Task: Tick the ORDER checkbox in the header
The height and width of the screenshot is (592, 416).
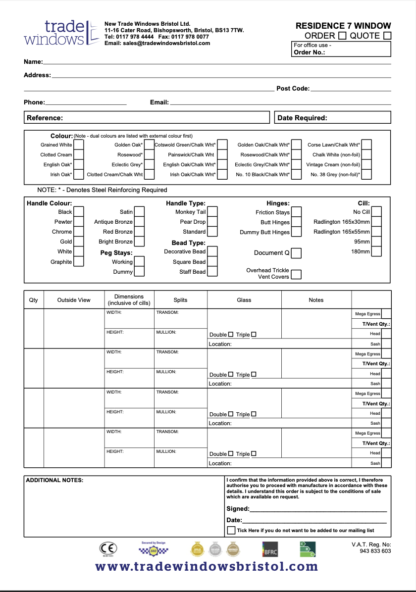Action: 342,36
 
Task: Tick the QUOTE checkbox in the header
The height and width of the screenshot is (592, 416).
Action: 387,36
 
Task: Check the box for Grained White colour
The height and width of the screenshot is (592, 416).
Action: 79,145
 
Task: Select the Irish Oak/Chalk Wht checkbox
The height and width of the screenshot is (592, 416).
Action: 222,174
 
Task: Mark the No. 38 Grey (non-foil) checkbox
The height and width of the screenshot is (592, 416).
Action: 366,174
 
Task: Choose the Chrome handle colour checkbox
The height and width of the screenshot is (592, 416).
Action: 79,232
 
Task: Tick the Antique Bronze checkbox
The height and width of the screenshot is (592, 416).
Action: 139,222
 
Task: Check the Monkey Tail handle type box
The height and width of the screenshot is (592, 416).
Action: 212,212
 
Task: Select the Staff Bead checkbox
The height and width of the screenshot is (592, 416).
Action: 212,271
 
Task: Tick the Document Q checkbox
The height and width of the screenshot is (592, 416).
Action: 296,253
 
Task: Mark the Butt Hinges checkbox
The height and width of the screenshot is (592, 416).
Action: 296,222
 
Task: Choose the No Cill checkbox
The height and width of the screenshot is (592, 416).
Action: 376,212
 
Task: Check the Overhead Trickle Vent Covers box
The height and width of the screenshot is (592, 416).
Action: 296,274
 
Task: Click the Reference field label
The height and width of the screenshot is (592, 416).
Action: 45,118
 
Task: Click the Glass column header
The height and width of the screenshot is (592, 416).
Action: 244,300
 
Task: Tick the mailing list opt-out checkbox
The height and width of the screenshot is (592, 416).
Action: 231,530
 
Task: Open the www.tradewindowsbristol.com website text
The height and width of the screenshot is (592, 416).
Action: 207,566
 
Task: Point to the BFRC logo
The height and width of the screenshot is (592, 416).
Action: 270,549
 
